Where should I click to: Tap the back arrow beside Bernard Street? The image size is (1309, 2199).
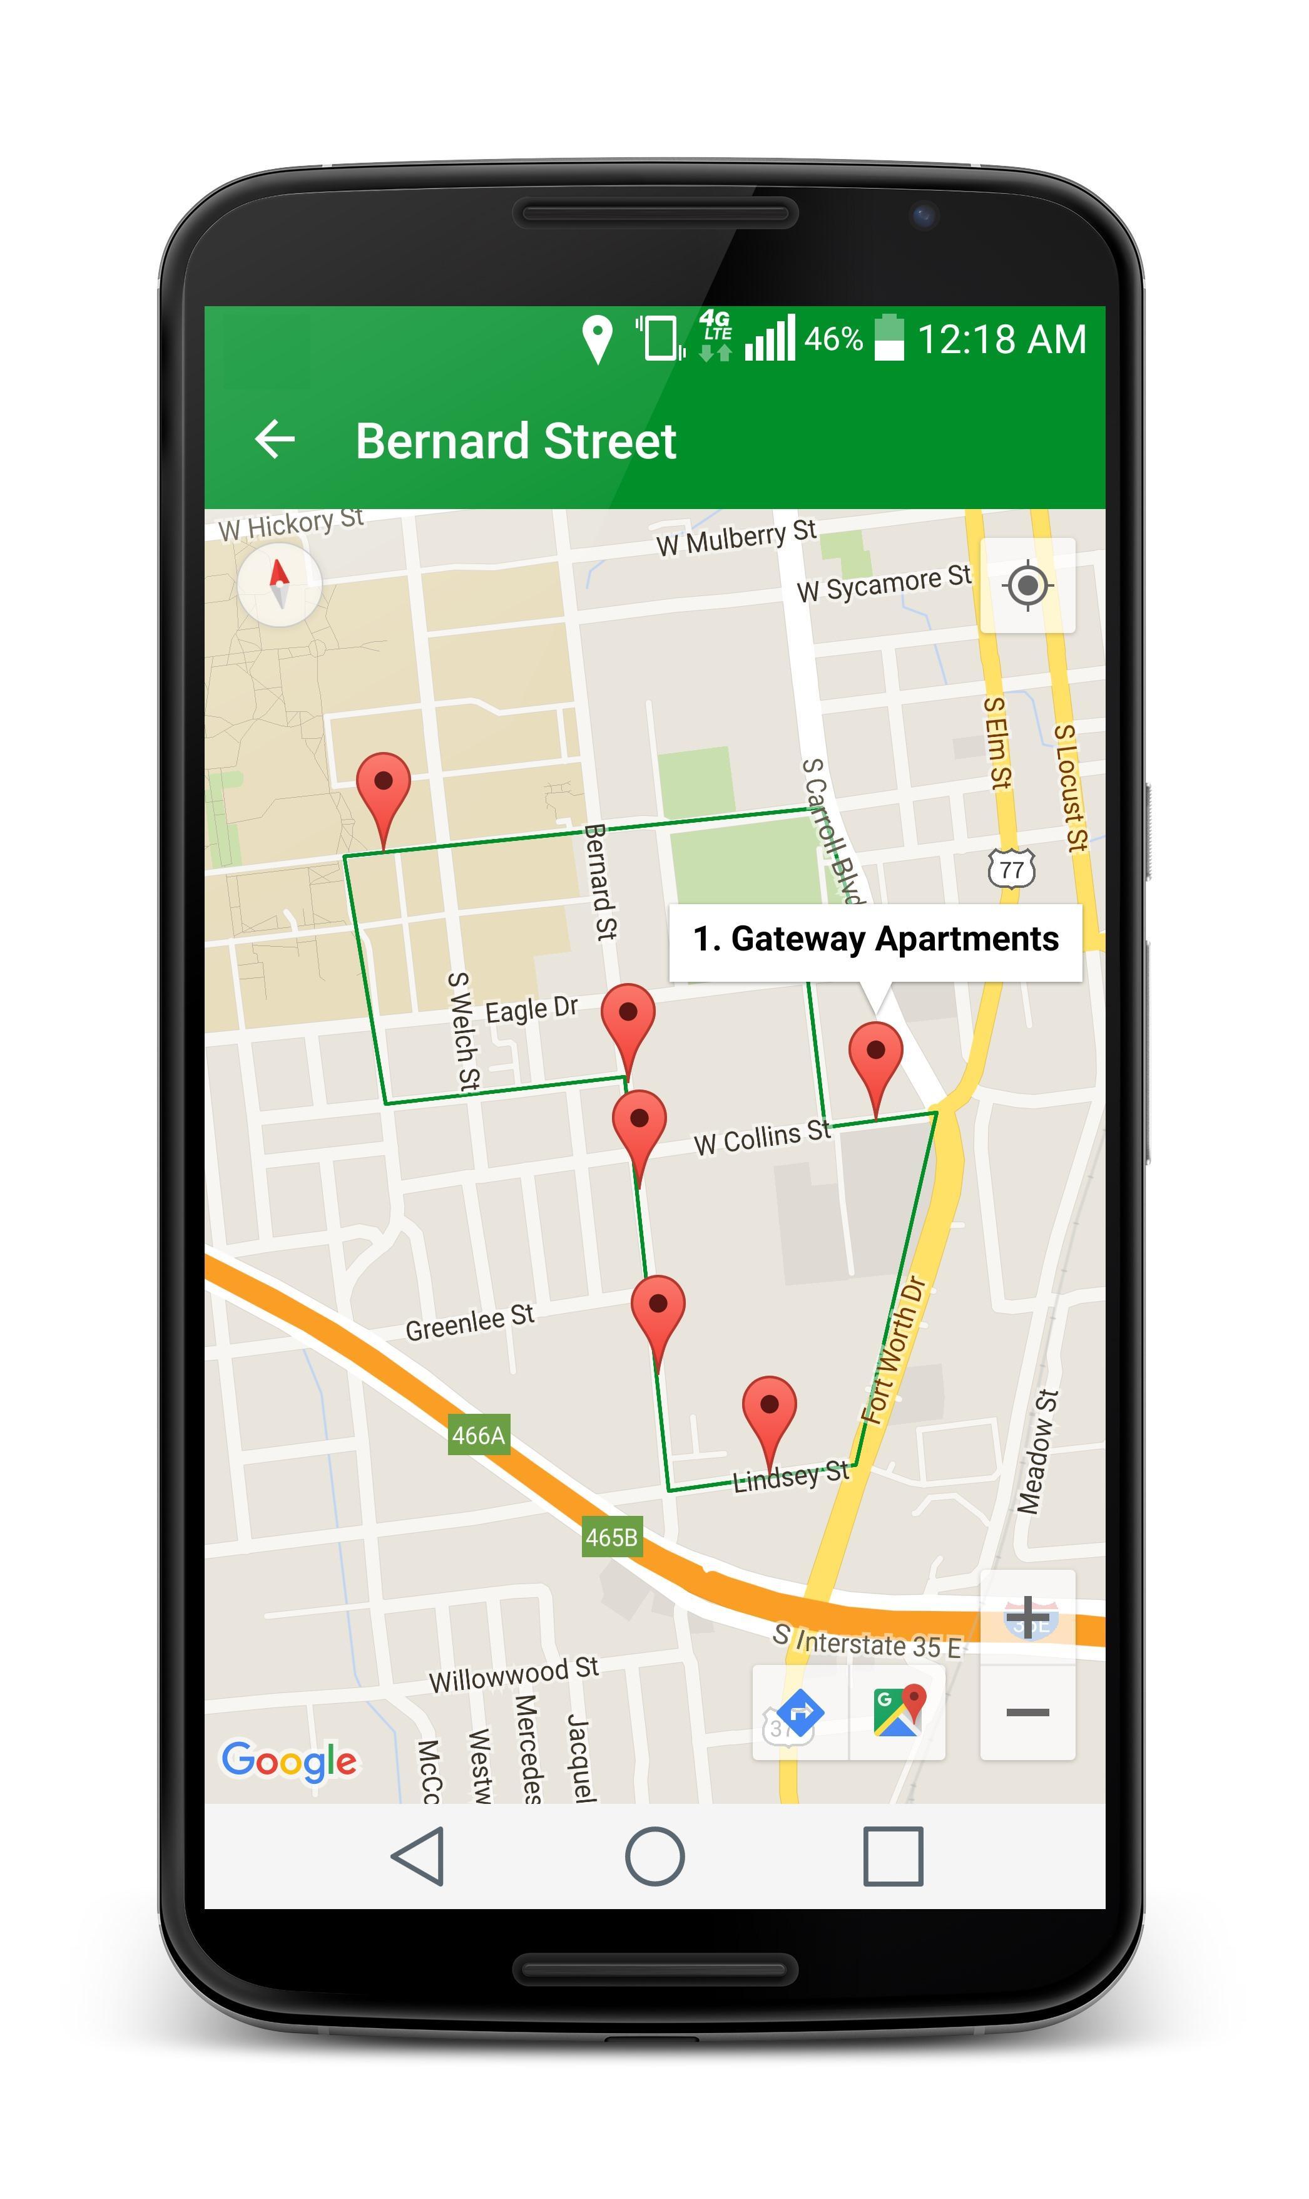click(274, 440)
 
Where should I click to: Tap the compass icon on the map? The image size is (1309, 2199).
click(280, 584)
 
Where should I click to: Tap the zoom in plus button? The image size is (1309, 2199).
click(1027, 1617)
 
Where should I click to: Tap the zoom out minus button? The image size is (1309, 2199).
click(1027, 1712)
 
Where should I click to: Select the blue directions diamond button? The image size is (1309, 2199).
click(800, 1712)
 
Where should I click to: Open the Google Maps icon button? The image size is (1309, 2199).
click(897, 1712)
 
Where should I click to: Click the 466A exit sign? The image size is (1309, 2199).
click(478, 1436)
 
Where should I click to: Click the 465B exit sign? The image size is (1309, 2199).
click(611, 1538)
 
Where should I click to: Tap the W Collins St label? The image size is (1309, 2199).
click(761, 1138)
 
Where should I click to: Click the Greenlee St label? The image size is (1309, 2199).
click(469, 1324)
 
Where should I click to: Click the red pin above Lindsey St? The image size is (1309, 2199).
click(769, 1412)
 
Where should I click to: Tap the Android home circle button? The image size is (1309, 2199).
click(654, 1857)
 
